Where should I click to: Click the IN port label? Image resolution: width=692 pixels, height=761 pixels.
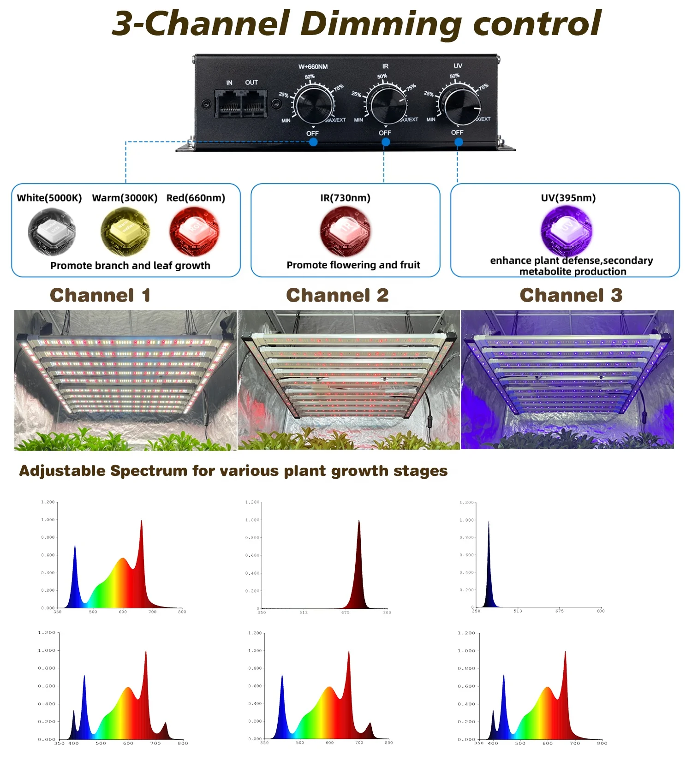click(x=229, y=83)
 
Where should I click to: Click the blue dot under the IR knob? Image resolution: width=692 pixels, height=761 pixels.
click(x=386, y=142)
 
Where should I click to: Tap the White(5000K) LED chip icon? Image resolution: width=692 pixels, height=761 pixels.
click(x=51, y=231)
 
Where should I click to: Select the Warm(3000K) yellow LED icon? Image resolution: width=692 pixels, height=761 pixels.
click(x=125, y=231)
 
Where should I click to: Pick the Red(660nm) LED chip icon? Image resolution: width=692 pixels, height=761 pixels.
click(x=194, y=231)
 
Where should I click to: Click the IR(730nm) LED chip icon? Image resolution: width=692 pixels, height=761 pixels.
click(x=346, y=231)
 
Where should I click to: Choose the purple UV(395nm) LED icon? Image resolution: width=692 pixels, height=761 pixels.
click(x=567, y=231)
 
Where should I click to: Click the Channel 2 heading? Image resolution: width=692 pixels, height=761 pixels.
click(x=337, y=295)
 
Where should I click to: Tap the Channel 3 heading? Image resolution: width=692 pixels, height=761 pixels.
click(x=571, y=295)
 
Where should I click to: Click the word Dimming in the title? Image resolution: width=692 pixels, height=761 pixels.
click(x=381, y=24)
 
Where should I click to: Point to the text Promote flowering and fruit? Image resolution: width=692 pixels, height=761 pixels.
click(x=353, y=265)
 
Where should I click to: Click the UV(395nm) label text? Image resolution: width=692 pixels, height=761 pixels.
click(x=568, y=198)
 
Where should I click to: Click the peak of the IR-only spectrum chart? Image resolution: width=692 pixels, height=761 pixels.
click(x=359, y=522)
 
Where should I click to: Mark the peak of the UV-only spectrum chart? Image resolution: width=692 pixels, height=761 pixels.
click(x=489, y=522)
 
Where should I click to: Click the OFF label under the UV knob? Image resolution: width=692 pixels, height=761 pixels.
click(x=457, y=132)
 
